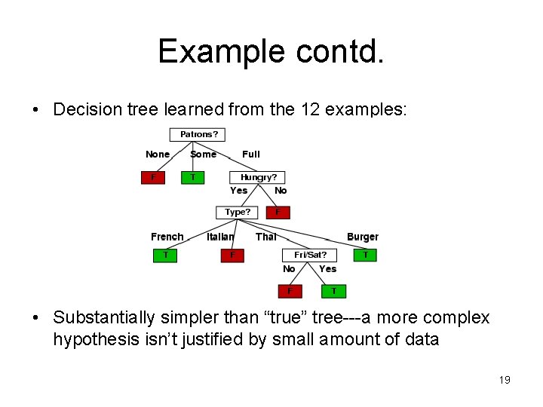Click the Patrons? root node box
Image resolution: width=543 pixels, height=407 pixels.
coord(198,135)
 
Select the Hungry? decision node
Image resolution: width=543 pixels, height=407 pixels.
coord(257,177)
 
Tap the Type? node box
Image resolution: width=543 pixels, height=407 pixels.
coord(237,213)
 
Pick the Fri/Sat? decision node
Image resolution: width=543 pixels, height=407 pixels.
coord(310,255)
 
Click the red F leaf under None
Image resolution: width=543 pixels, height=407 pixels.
coord(154,177)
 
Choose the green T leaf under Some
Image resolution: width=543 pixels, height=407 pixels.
coord(193,177)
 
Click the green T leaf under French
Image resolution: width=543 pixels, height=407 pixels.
coord(166,255)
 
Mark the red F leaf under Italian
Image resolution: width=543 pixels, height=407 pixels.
coord(232,255)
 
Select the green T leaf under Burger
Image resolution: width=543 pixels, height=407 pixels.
coord(365,255)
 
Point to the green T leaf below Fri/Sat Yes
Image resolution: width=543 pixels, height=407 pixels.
coord(334,290)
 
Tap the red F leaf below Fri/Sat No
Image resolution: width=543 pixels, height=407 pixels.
coord(289,290)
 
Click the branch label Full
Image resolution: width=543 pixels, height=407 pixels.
coord(251,155)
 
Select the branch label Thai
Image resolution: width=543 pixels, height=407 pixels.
coord(265,237)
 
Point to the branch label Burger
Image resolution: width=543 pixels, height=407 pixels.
coord(363,237)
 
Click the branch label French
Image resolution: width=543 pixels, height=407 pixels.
coord(167,237)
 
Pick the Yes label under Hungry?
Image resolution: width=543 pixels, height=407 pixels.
coord(238,191)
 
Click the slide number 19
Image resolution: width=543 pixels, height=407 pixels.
coord(505,380)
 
